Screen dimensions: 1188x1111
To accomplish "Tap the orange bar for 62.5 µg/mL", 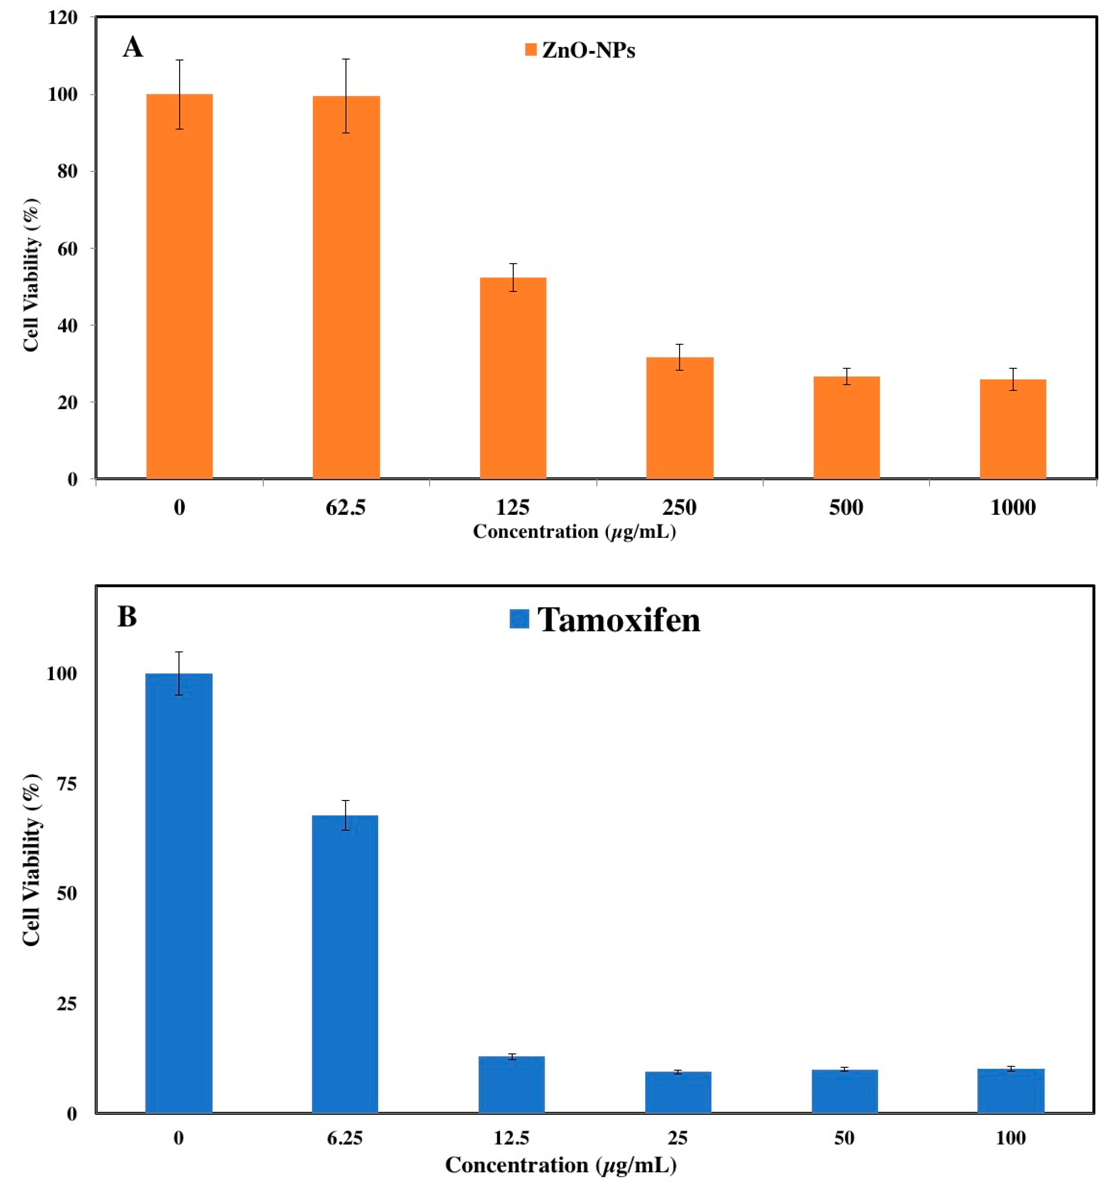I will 346,287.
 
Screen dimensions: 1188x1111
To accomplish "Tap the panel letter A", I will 133,47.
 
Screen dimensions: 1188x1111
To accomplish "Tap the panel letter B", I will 127,617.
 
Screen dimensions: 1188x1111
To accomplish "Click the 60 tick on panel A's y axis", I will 67,248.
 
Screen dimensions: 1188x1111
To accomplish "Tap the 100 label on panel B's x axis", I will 1011,1137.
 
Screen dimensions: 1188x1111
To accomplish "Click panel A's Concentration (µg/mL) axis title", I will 574,531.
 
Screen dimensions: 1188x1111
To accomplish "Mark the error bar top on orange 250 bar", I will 679,344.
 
